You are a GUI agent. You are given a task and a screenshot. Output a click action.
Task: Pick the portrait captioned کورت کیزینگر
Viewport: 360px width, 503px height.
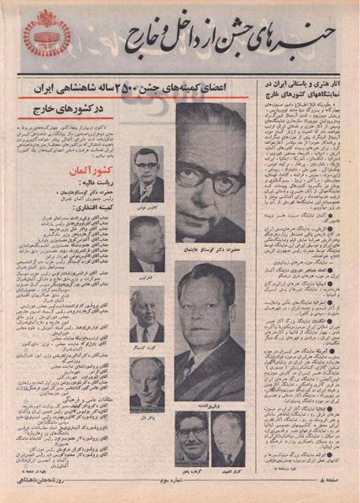click(x=147, y=312)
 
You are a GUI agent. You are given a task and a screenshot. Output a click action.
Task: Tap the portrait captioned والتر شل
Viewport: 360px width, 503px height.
click(x=147, y=381)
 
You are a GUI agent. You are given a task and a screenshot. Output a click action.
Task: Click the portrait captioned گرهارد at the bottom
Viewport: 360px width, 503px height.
click(x=191, y=438)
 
